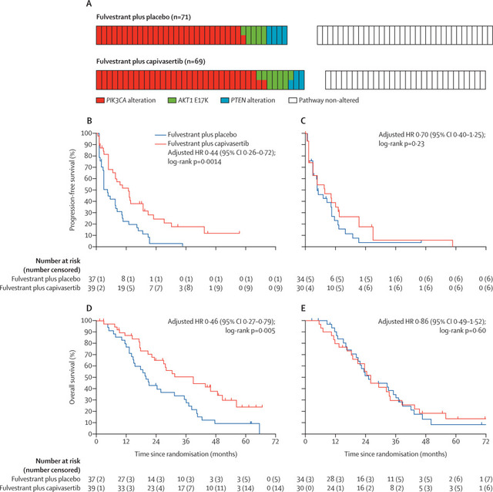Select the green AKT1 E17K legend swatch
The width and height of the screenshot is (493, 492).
[171, 100]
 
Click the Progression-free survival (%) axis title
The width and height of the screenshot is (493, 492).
[71, 190]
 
